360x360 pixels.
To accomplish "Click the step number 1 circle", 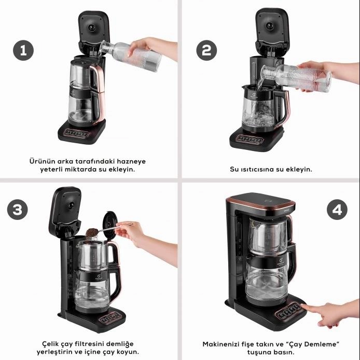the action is (23, 50).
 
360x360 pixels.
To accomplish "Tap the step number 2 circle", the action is (206, 50).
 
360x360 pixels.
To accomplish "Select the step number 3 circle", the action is (18, 210).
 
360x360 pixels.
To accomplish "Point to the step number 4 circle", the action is (337, 210).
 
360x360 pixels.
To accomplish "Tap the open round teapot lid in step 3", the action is (110, 225).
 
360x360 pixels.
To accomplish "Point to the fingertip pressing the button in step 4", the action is (302, 306).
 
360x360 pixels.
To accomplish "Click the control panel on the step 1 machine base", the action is (76, 133).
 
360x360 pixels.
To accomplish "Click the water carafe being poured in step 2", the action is (296, 77).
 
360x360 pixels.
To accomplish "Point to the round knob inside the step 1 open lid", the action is (92, 28).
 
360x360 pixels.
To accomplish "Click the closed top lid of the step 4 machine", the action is (261, 202).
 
